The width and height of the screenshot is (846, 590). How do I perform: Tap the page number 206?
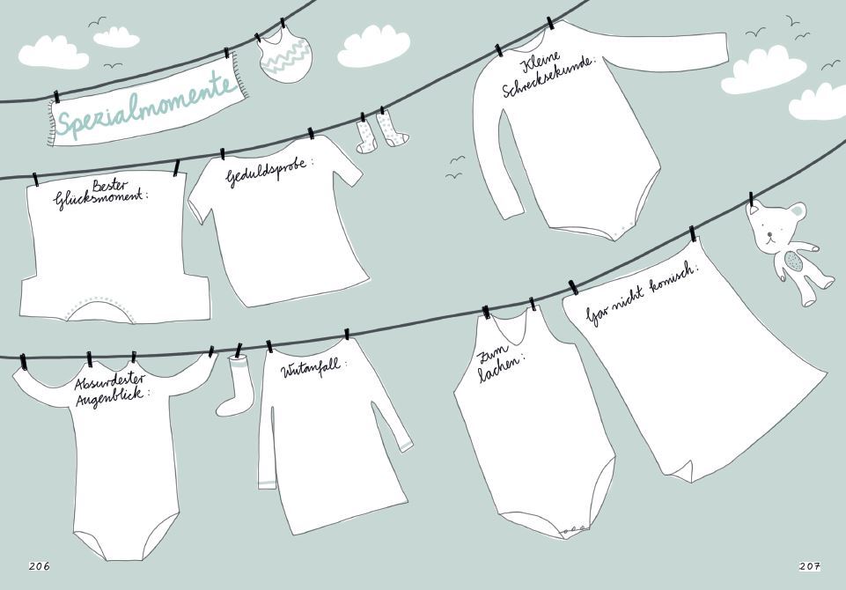pos(39,565)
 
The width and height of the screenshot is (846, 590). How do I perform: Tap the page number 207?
pos(809,565)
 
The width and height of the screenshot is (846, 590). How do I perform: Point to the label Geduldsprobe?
pos(269,173)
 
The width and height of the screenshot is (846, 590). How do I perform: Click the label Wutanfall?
pos(313,370)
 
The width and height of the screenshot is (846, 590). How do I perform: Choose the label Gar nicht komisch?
pos(642,296)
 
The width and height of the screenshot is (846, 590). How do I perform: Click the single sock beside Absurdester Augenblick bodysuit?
pos(235,387)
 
